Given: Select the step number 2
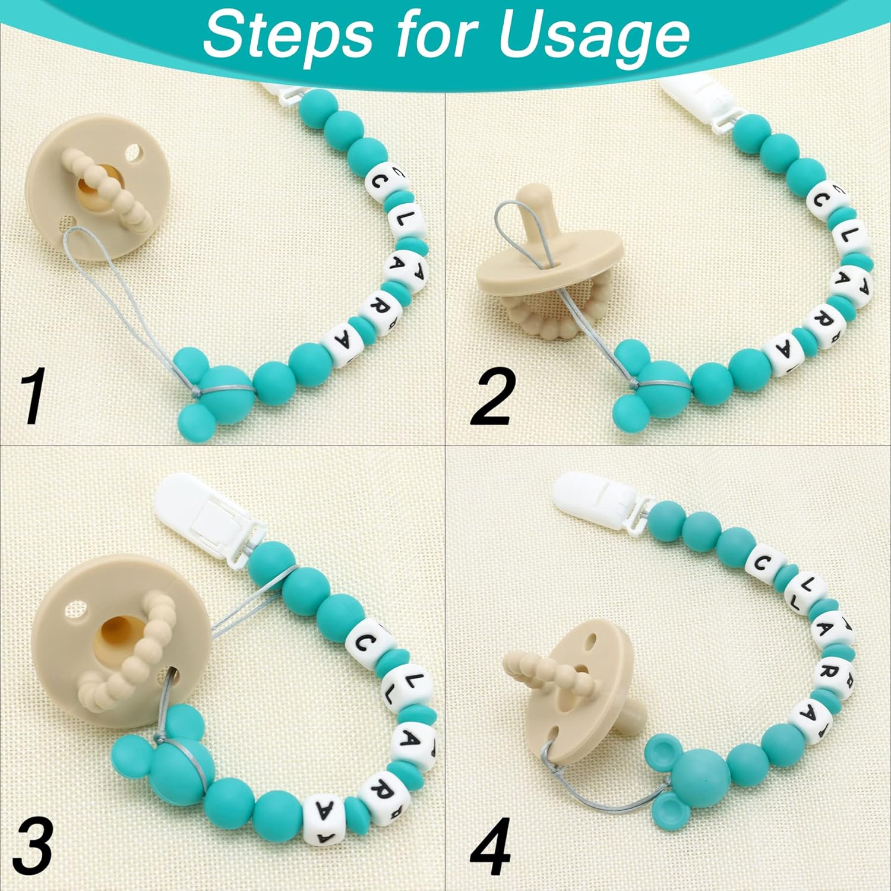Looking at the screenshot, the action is point(491,397).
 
